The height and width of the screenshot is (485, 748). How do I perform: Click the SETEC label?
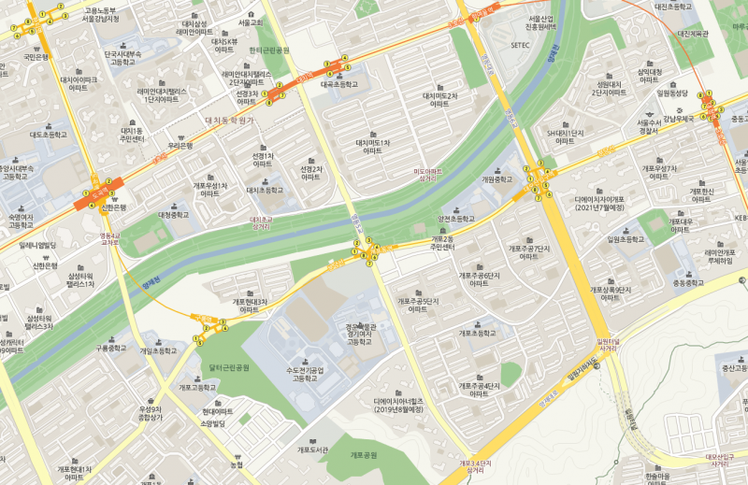pyautogui.click(x=521, y=44)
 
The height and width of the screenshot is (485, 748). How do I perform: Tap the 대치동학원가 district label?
pyautogui.click(x=229, y=120)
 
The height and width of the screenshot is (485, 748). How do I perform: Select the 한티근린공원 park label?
pyautogui.click(x=269, y=50)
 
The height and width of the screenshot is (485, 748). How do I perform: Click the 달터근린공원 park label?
pyautogui.click(x=230, y=367)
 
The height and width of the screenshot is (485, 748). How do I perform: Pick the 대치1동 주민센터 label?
pyautogui.click(x=131, y=136)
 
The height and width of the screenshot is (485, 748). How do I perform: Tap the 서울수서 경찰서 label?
pyautogui.click(x=650, y=127)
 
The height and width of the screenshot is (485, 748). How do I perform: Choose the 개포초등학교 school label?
pyautogui.click(x=478, y=334)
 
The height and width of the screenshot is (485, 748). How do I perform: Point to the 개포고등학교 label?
pyautogui.click(x=197, y=387)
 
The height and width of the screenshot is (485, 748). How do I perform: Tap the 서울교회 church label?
pyautogui.click(x=251, y=21)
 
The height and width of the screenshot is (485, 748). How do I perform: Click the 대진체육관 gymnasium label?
pyautogui.click(x=693, y=34)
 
